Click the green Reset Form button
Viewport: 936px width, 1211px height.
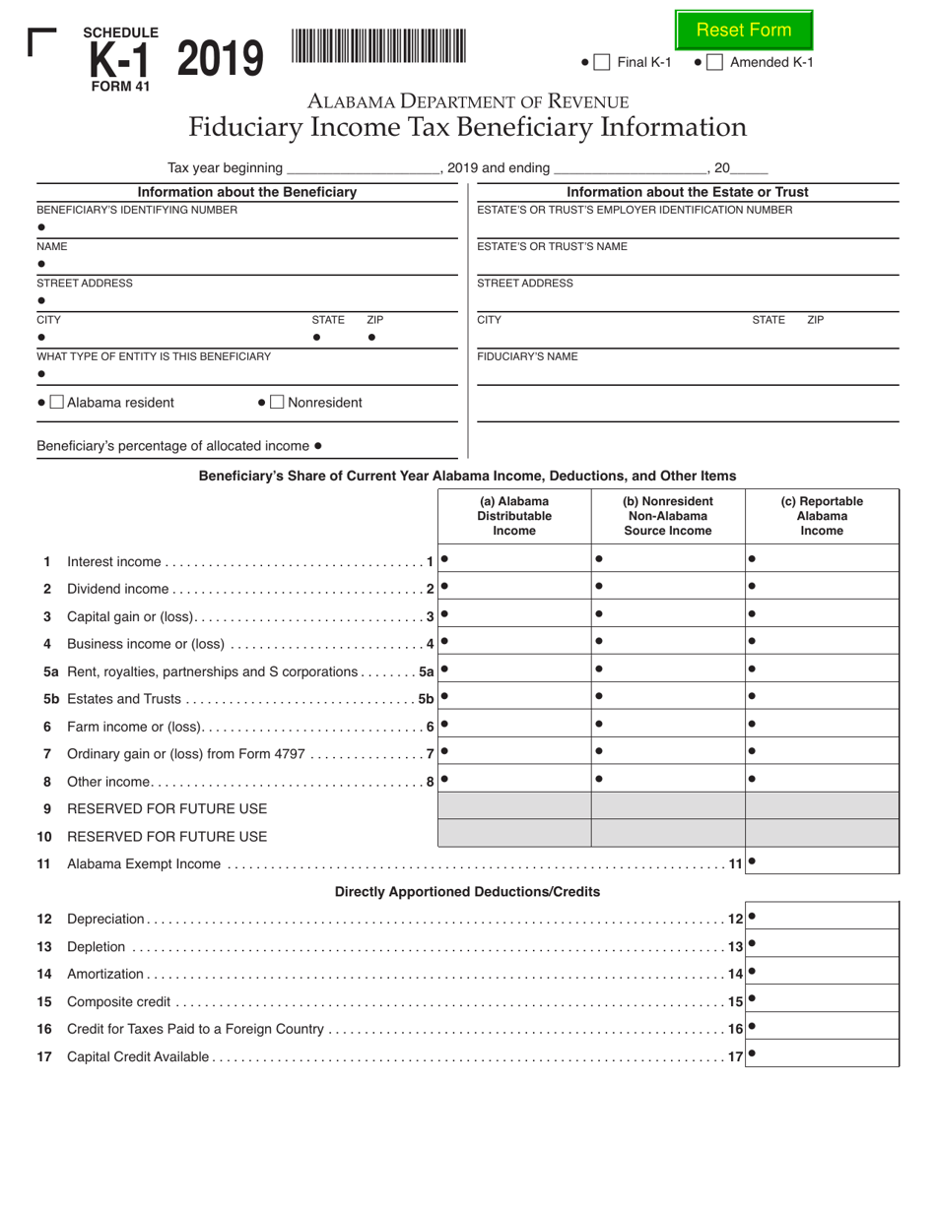[744, 30]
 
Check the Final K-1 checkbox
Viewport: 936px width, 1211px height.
[603, 62]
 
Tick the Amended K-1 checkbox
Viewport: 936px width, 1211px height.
[715, 62]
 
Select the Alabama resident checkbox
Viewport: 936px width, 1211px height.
[57, 402]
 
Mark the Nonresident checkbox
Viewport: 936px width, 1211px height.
[278, 402]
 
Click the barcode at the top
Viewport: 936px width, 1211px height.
[378, 47]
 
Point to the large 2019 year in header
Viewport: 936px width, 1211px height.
[221, 59]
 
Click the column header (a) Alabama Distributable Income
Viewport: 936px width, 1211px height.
[513, 516]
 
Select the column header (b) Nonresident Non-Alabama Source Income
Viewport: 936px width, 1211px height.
[667, 516]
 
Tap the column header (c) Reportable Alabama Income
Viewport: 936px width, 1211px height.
[822, 516]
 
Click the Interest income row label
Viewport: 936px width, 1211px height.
[113, 561]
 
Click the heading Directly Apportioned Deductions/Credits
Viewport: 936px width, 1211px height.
[467, 891]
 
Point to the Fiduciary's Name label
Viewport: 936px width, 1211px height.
[527, 356]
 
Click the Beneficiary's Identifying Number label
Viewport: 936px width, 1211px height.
[137, 210]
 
